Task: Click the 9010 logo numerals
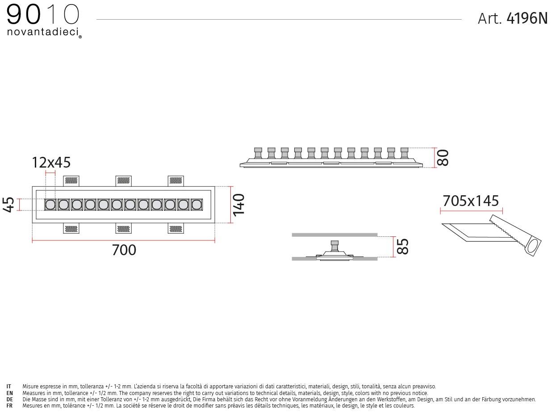[43, 15]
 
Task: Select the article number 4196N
[527, 18]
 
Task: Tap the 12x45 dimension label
[51, 162]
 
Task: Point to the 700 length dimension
[124, 250]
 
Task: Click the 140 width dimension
[238, 205]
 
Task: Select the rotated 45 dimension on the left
[8, 205]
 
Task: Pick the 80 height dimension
[442, 157]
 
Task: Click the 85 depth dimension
[403, 247]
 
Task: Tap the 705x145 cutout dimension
[471, 201]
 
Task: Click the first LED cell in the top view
[50, 205]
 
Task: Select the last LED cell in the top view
[196, 205]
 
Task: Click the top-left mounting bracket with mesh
[71, 181]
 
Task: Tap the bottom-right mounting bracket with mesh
[176, 228]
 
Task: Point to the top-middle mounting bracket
[124, 181]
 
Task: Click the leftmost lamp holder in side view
[258, 153]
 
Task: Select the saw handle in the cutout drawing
[533, 247]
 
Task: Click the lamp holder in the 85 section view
[334, 246]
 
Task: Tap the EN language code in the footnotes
[9, 393]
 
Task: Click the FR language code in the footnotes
[9, 406]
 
